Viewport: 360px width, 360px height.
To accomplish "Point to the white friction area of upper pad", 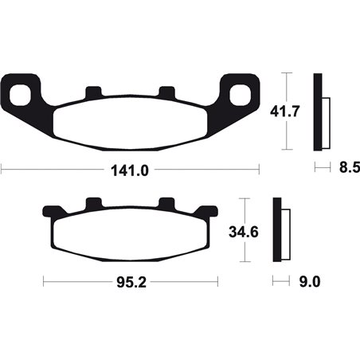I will point(131,123).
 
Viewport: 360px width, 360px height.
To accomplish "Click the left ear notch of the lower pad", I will point(50,211).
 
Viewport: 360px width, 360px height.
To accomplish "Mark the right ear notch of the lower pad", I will point(211,211).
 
